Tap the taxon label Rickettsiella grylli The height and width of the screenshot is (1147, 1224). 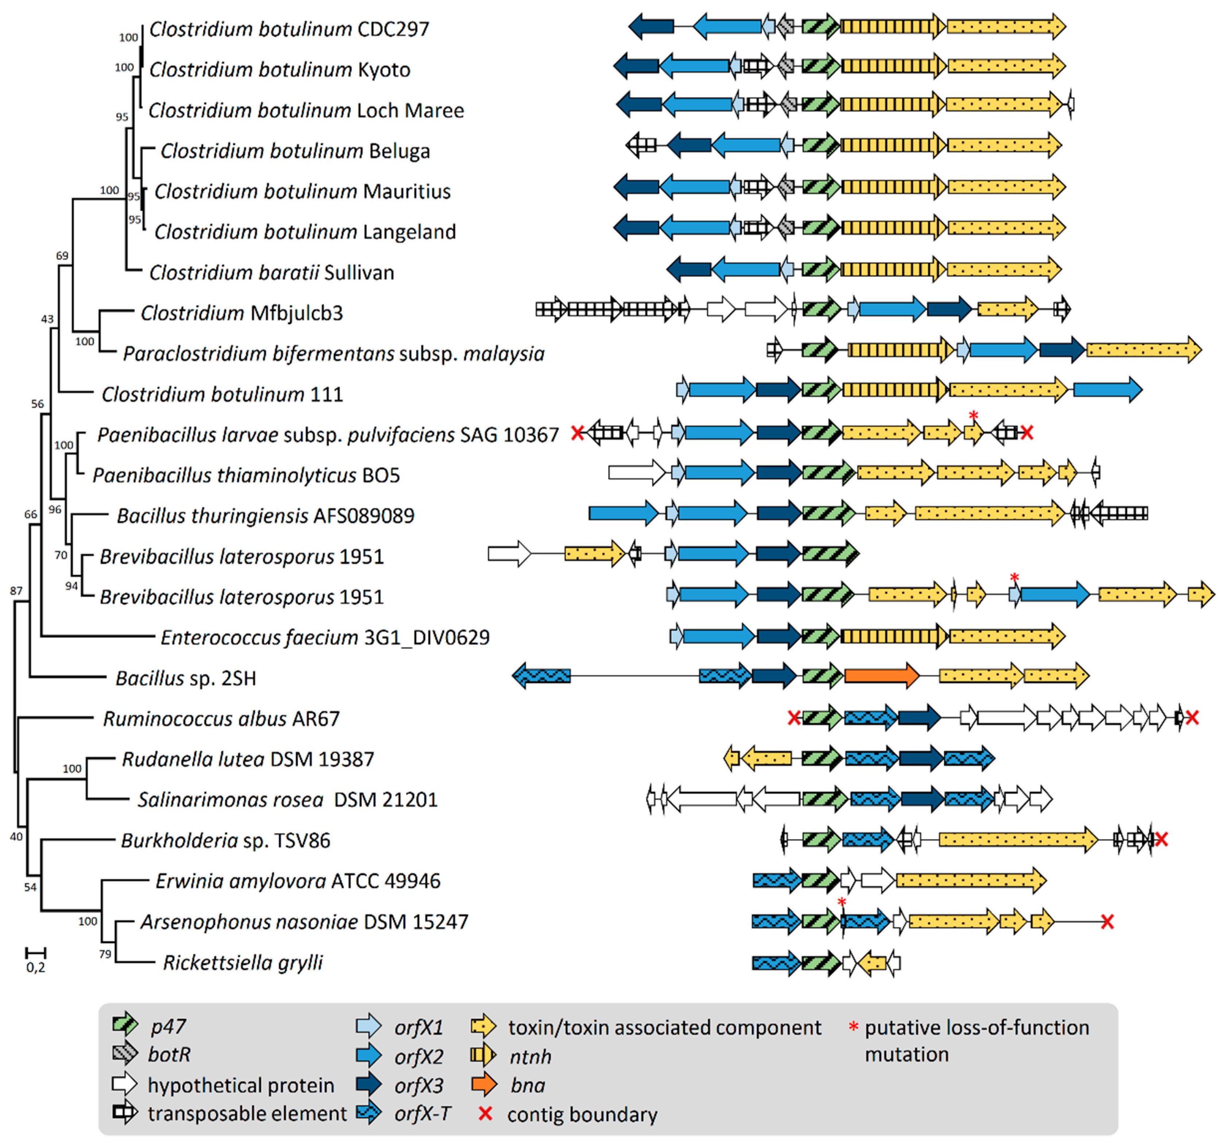click(x=243, y=962)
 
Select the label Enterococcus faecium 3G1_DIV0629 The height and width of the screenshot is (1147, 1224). click(x=324, y=638)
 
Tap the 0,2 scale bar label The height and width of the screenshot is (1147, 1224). click(x=36, y=968)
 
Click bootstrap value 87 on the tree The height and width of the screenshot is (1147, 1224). click(x=16, y=591)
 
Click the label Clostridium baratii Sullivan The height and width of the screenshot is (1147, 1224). click(x=271, y=272)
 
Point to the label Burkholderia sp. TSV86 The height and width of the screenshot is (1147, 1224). click(x=225, y=841)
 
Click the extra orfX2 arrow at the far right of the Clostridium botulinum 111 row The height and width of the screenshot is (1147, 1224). click(x=1107, y=390)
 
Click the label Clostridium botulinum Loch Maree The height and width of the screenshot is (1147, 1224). click(x=306, y=111)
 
